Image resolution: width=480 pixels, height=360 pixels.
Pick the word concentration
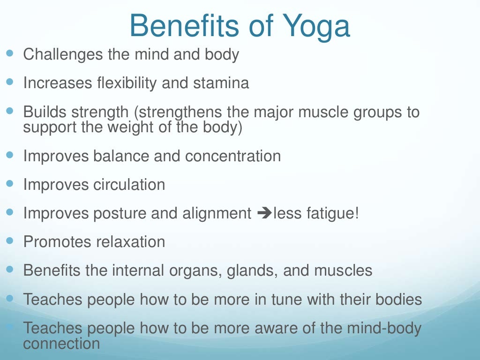pos(233,156)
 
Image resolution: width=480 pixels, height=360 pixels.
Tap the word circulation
pos(129,185)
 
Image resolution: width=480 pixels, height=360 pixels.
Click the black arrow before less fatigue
pos(264,214)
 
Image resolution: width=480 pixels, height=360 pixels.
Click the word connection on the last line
pos(61,344)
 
